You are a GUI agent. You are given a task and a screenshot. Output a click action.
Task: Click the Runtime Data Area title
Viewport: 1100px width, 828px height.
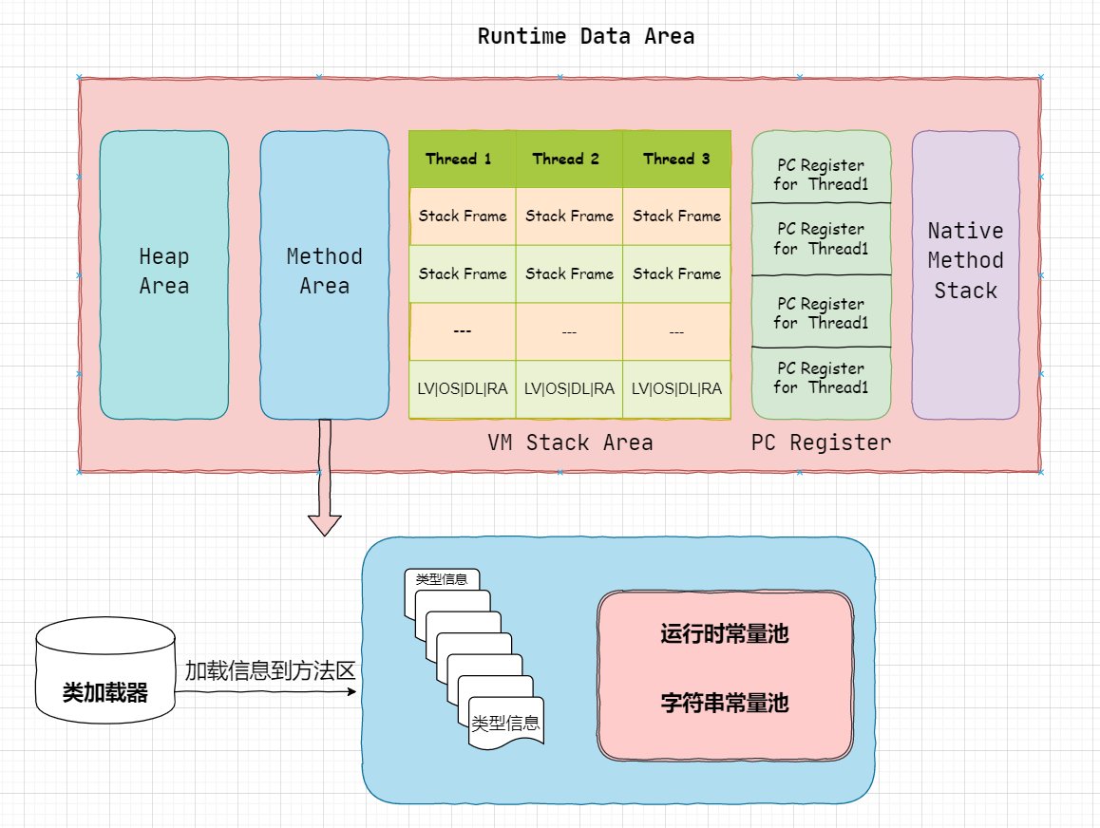point(586,36)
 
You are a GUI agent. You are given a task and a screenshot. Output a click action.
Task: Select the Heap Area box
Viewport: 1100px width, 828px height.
point(164,274)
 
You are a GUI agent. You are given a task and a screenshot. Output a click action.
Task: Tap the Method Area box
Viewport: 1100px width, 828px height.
point(324,274)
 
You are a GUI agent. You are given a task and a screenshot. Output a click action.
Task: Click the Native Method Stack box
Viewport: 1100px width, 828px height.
point(965,274)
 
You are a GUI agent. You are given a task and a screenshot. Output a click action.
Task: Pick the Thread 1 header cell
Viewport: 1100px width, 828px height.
point(463,160)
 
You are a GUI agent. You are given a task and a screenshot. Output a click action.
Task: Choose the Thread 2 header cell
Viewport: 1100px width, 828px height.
point(569,160)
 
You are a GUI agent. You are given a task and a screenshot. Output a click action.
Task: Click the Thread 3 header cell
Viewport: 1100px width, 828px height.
point(677,160)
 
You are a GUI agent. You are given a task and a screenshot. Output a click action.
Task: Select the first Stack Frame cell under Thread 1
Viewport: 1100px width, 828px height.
point(463,216)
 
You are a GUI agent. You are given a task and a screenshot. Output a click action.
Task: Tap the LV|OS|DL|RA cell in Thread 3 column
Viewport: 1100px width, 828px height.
point(677,389)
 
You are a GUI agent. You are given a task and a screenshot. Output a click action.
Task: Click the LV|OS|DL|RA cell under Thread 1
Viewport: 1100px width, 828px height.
point(463,389)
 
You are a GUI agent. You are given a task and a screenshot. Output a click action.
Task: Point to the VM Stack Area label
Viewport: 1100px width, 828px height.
point(570,442)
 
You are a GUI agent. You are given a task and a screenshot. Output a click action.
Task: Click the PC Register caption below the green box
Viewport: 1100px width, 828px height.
point(821,442)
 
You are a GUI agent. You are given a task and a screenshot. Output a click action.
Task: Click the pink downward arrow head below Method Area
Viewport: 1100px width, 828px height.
point(325,525)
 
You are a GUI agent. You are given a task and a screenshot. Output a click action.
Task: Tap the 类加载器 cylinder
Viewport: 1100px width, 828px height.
point(105,670)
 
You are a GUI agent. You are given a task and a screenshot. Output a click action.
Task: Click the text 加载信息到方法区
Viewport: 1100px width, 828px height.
point(270,671)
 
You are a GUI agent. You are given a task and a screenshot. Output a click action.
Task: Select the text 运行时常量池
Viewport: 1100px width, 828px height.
point(725,633)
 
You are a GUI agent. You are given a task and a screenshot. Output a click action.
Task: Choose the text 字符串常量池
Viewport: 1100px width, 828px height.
point(725,703)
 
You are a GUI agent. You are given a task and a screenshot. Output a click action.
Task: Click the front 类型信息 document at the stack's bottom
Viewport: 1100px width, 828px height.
point(505,723)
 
